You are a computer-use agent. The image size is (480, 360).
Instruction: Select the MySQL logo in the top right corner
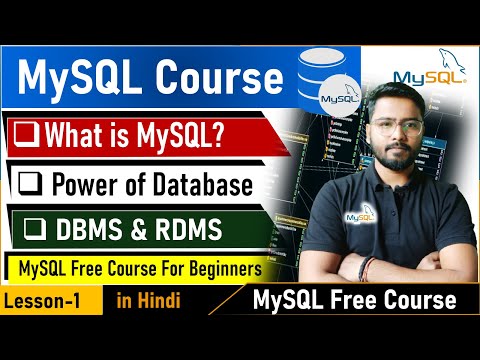426,72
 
